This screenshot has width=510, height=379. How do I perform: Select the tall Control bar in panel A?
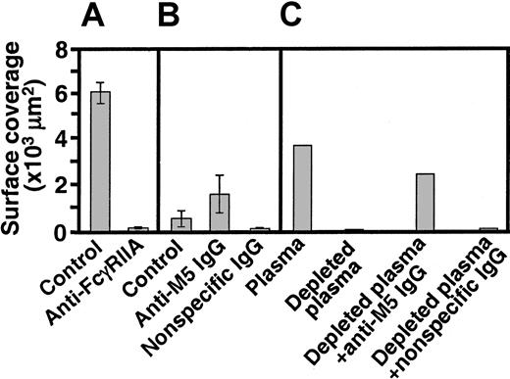tap(101, 162)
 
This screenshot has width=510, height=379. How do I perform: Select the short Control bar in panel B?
tap(181, 225)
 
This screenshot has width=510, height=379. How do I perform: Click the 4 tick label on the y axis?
tap(66, 139)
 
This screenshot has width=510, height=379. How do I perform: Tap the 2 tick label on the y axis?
tap(66, 186)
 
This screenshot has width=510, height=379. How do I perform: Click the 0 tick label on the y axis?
tap(66, 232)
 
